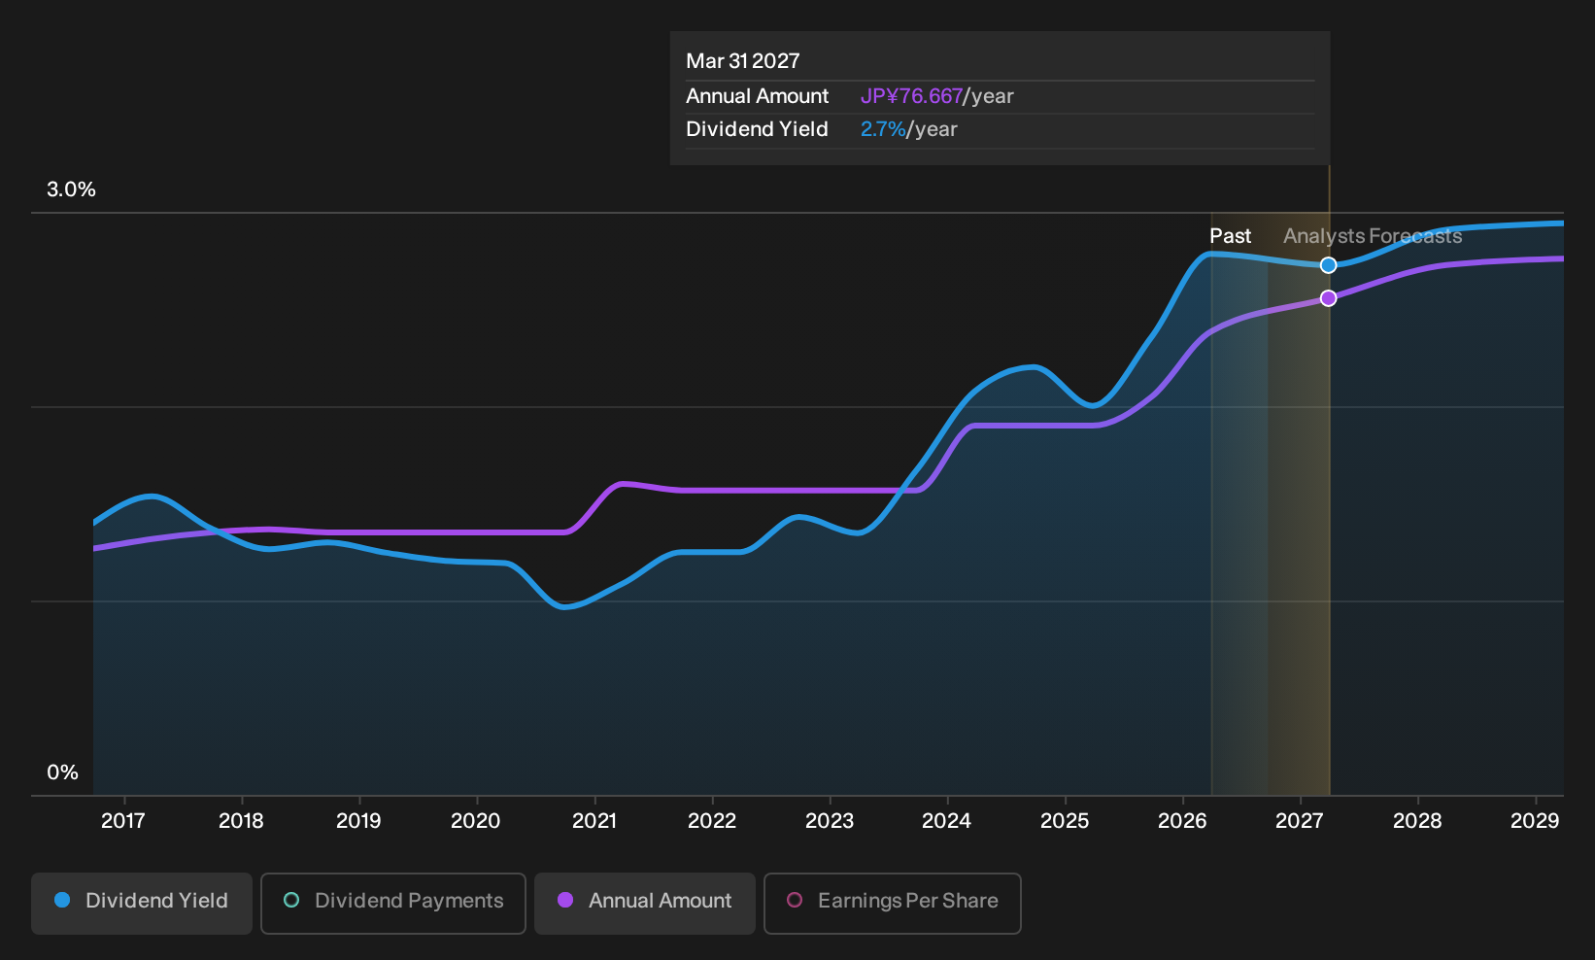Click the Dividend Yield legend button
tap(142, 903)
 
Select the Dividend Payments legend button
tap(393, 903)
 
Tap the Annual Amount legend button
tap(644, 903)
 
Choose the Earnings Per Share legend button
tap(892, 903)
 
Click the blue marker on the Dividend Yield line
tap(1328, 265)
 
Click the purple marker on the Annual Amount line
tap(1328, 298)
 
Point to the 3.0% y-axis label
tap(71, 189)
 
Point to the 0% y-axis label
tap(63, 772)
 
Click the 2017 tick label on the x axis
tap(123, 821)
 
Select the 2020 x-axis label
tap(476, 821)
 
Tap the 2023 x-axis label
tap(830, 821)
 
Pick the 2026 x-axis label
tap(1182, 821)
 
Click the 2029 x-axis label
tap(1535, 821)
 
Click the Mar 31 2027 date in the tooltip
tap(743, 61)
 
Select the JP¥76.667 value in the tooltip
tap(911, 96)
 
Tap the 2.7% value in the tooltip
tap(883, 129)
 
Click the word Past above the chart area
tap(1231, 236)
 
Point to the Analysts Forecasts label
tap(1373, 236)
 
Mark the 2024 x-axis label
tap(946, 821)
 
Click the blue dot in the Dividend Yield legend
tap(63, 900)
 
